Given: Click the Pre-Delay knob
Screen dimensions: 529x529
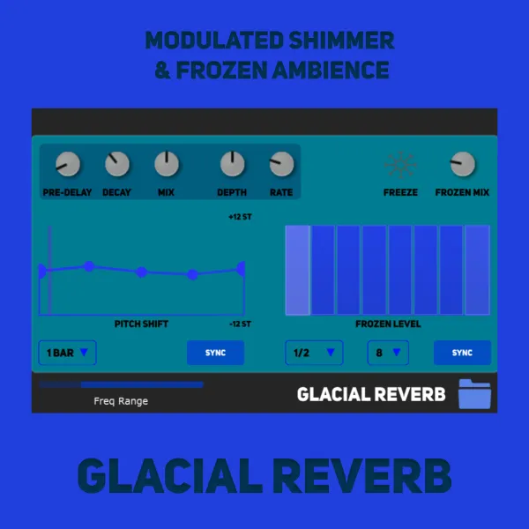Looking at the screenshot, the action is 68,164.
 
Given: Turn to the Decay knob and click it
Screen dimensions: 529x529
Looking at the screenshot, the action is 117,164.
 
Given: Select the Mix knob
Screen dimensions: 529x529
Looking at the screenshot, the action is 167,164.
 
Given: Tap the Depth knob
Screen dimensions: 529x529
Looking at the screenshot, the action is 232,164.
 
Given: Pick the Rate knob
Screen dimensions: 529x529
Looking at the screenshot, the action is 281,164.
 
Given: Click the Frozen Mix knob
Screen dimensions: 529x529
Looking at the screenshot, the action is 463,164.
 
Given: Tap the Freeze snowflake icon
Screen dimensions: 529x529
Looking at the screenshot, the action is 400,165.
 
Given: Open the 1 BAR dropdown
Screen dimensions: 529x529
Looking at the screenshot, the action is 68,353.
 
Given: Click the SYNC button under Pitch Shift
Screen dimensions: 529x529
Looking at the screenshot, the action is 216,353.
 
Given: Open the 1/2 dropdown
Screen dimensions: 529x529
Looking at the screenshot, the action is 314,353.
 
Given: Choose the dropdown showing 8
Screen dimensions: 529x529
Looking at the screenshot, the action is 388,353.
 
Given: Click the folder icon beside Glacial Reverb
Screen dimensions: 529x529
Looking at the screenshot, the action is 474,394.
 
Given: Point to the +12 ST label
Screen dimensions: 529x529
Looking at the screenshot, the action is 240,217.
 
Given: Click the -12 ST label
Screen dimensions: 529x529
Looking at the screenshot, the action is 240,324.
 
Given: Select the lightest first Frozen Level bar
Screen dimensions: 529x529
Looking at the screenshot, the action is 298,271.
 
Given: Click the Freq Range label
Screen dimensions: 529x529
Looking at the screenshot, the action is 121,401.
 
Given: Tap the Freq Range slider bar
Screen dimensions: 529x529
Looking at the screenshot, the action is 121,384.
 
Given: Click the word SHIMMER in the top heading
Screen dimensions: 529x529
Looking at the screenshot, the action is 341,41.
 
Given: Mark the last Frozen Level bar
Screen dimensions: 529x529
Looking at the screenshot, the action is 477,271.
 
